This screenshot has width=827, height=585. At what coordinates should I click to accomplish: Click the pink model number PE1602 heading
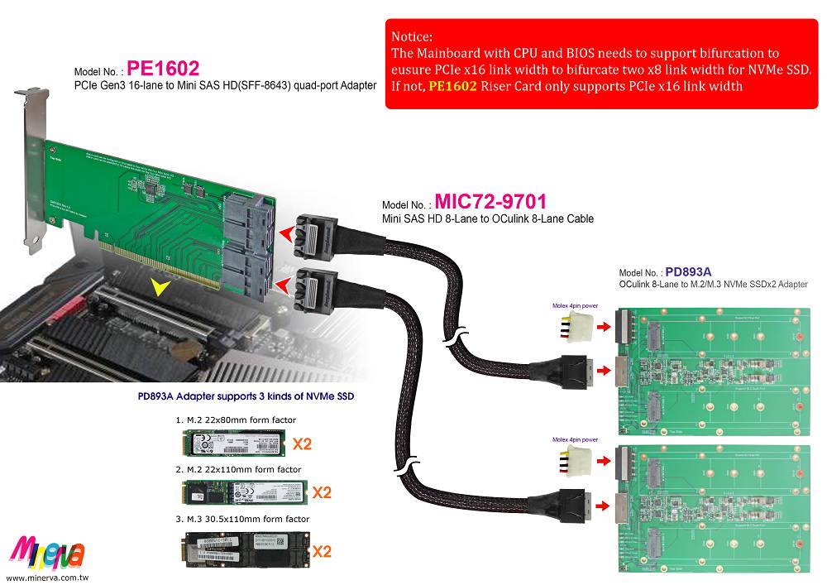coord(163,68)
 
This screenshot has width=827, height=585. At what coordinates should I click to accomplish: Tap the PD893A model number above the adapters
coord(688,271)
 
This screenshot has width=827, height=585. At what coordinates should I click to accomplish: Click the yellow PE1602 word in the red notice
coord(452,85)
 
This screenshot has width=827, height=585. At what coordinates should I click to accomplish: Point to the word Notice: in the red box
coord(413,37)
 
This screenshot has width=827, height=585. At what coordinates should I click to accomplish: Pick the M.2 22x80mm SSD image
coord(234,443)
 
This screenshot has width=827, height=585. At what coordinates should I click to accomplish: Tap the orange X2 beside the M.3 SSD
coord(321,549)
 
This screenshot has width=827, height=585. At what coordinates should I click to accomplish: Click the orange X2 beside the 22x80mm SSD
coord(302,444)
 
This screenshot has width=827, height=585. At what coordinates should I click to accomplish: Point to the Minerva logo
coord(47,549)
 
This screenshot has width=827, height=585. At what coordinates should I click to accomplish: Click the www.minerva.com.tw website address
coord(47,577)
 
